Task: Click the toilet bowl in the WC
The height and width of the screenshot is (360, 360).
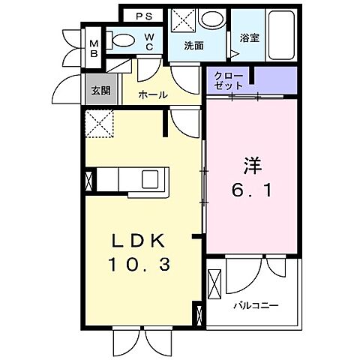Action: tap(123, 40)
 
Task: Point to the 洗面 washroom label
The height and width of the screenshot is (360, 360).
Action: tap(194, 46)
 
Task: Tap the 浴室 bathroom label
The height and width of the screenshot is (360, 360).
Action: tap(249, 37)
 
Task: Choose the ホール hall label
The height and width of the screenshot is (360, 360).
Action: tap(154, 95)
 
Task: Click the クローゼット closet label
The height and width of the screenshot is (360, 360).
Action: tap(228, 80)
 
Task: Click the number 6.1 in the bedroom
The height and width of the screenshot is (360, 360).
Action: tap(251, 190)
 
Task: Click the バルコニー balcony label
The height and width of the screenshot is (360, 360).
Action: tap(255, 306)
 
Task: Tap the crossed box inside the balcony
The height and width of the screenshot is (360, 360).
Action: tap(214, 285)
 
